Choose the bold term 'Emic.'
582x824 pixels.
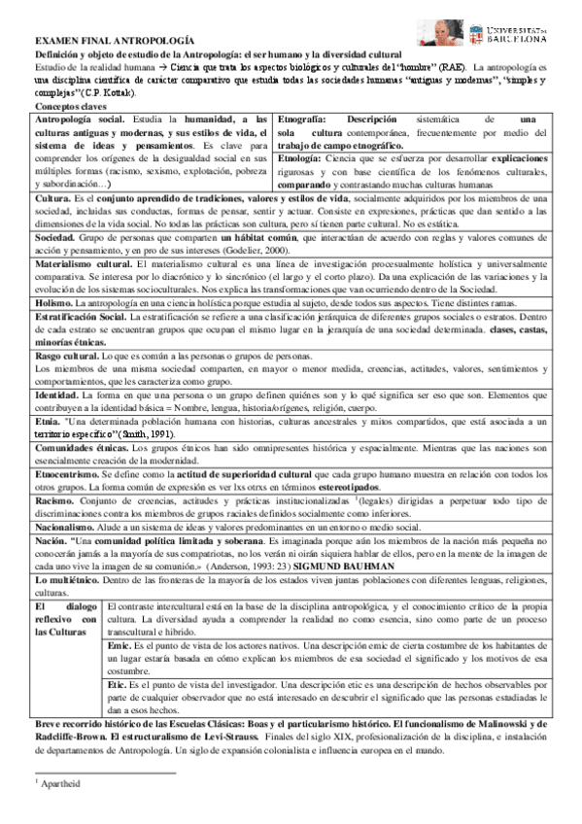(119, 643)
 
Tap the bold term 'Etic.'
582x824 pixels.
(118, 683)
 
